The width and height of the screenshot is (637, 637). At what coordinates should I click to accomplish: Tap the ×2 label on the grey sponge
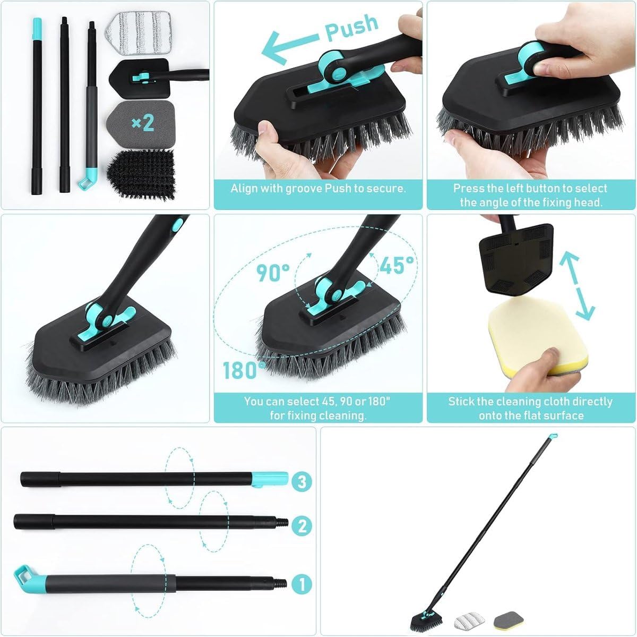point(142,123)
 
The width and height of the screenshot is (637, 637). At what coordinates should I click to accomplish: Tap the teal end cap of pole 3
point(270,479)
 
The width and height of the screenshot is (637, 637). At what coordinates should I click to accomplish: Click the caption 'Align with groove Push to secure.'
point(318,189)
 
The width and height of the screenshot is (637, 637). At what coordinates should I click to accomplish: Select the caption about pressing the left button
point(530,195)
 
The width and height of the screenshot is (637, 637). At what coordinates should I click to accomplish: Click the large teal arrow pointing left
point(289,44)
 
